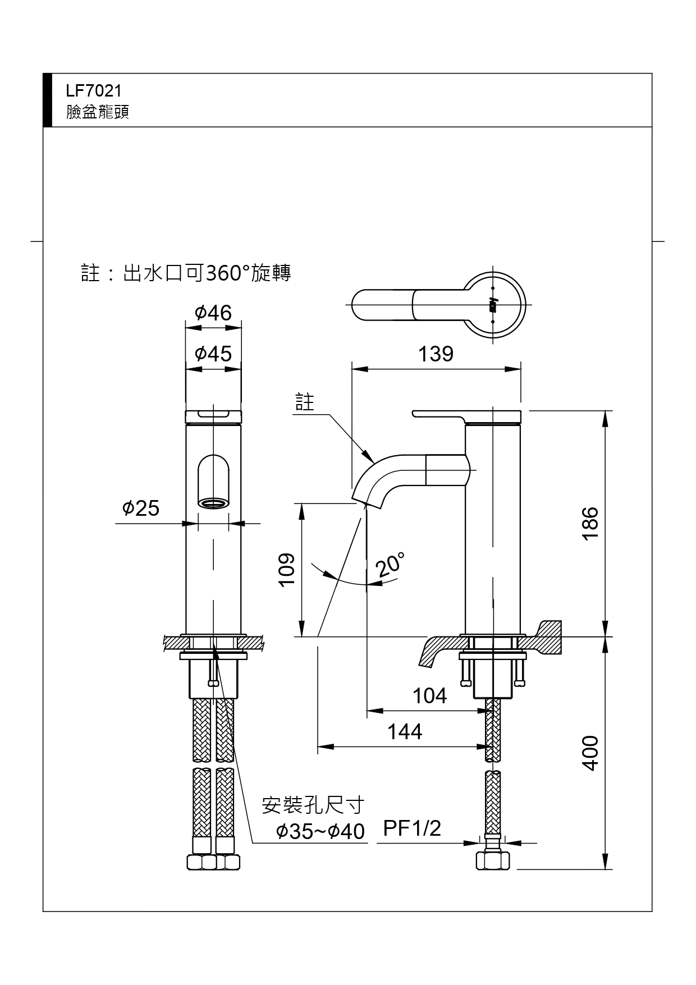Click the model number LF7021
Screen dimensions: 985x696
click(x=94, y=91)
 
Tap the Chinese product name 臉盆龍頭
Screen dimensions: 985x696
click(x=98, y=112)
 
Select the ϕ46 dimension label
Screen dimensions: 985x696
click(x=213, y=313)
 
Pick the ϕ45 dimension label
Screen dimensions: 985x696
click(x=213, y=354)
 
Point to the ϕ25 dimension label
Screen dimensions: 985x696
click(x=141, y=508)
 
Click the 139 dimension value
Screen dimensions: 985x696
click(x=436, y=354)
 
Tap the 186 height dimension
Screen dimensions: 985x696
click(x=590, y=523)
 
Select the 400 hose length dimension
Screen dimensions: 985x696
click(x=590, y=753)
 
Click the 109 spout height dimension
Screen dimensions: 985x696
click(x=287, y=570)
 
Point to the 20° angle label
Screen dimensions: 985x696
click(x=391, y=565)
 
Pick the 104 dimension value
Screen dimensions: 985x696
click(x=429, y=696)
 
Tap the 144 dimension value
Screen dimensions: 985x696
click(x=405, y=732)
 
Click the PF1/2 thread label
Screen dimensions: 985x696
click(x=412, y=828)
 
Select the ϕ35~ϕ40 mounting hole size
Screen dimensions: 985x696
click(x=320, y=831)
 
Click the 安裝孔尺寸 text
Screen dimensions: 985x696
click(x=313, y=805)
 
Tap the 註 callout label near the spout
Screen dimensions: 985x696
click(x=305, y=402)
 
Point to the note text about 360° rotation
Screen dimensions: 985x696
click(x=186, y=273)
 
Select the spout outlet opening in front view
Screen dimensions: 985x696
click(x=213, y=503)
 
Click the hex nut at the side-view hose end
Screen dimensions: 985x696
click(x=493, y=860)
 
